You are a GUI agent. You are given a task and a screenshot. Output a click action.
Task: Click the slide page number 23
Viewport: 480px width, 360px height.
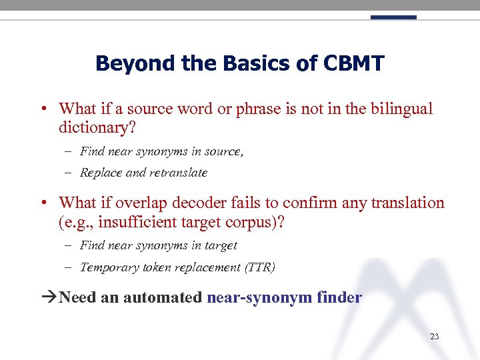point(434,337)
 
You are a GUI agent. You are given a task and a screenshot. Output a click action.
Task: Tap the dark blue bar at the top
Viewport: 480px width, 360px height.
point(393,17)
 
